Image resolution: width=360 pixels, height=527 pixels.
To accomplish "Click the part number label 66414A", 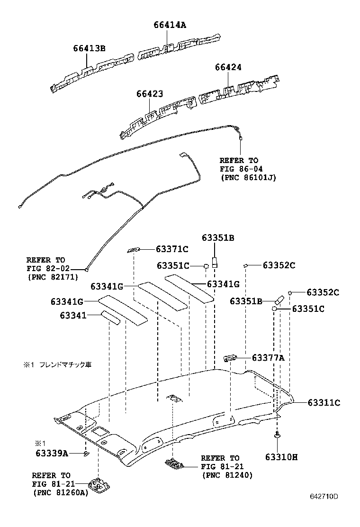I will pos(169,26).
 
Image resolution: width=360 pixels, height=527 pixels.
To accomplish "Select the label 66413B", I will pos(89,48).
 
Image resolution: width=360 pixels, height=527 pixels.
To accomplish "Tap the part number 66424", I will pos(228,68).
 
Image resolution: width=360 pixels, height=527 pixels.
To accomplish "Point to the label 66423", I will pos(150,94).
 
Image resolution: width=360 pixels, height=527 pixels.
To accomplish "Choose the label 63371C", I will pos(172,249).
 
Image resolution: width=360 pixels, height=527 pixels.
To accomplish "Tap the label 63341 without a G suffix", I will pos(73,315).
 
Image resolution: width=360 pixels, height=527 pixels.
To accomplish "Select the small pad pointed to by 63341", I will pos(110,317).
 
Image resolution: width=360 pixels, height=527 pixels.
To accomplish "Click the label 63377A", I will pos(268,358).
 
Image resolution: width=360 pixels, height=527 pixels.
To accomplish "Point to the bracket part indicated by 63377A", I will pos(230,357).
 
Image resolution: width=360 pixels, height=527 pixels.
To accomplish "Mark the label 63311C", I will pos(324,403).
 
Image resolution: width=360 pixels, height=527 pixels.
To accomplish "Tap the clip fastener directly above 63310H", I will pos(276,435).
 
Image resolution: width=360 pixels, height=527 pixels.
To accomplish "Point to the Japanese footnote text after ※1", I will pos(65,365).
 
